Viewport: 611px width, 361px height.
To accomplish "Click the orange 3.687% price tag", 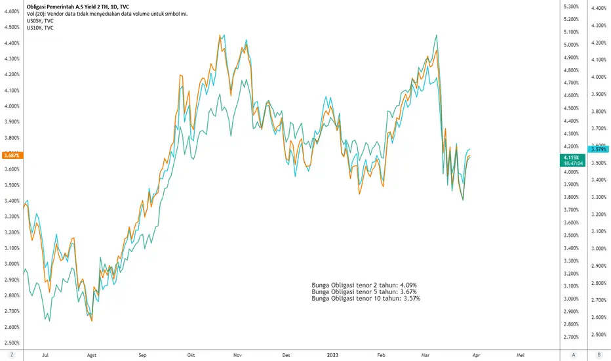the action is click(x=12, y=156).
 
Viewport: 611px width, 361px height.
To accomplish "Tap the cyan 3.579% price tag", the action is click(x=599, y=149).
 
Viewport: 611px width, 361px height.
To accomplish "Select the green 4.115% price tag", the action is click(x=572, y=160).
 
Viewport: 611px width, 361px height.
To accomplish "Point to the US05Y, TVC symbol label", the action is click(x=40, y=21).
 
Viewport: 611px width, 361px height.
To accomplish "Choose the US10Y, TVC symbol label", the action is click(x=40, y=28).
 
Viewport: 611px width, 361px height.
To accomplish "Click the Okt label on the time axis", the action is click(x=191, y=355).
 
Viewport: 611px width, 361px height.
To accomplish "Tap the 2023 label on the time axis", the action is click(x=332, y=355).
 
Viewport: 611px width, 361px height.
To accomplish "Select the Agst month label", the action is click(x=92, y=355).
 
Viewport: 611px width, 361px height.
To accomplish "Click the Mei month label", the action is click(x=521, y=355).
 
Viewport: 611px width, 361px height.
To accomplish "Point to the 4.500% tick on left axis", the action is click(x=12, y=27).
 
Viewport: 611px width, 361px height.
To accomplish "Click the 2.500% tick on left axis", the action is click(x=12, y=343).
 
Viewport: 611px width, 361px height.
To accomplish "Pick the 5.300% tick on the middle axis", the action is click(x=571, y=7).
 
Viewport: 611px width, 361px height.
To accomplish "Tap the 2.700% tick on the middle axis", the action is click(x=571, y=337).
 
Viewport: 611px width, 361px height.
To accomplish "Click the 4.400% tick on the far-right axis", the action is click(x=599, y=8).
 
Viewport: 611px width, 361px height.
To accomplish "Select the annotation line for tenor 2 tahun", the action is click(x=364, y=286).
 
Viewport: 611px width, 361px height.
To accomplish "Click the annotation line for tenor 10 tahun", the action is click(x=366, y=299).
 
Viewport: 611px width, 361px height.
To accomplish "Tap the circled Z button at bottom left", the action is click(x=12, y=354).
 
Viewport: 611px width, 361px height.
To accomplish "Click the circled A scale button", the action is click(x=573, y=354).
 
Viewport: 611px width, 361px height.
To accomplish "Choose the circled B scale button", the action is click(x=599, y=354).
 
